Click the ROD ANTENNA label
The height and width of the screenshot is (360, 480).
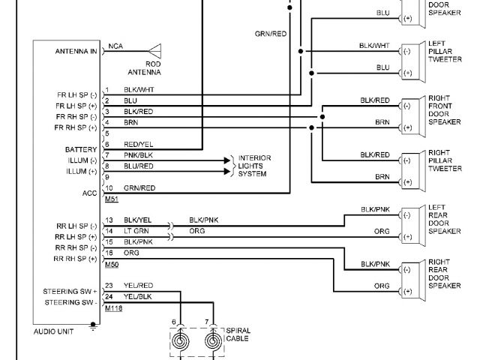[153, 69]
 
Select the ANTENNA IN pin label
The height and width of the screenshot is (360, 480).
[76, 52]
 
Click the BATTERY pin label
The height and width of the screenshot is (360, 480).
[81, 150]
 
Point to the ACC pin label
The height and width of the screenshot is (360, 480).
[90, 192]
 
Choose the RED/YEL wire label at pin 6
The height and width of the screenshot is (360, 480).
[138, 144]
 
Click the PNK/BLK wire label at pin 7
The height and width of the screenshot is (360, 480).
[137, 154]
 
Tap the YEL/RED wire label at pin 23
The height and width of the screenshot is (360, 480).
[138, 285]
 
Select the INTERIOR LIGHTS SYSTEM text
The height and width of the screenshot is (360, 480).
[254, 166]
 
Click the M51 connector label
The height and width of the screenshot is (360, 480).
[111, 199]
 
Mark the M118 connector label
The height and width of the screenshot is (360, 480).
[113, 307]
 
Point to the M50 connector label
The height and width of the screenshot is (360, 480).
[111, 265]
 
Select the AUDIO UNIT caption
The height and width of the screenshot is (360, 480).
[53, 330]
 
